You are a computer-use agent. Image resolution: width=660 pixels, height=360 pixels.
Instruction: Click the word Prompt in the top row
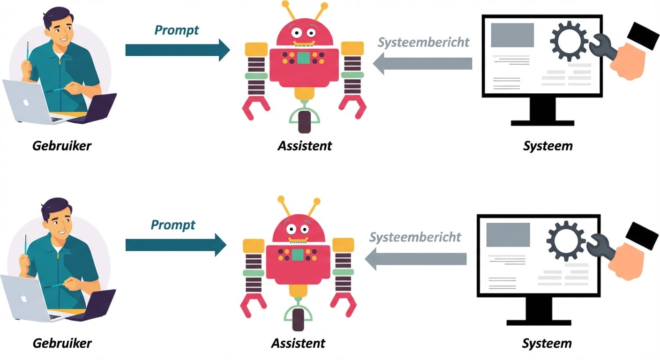177,30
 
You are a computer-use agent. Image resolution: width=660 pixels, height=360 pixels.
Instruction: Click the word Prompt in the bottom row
173,225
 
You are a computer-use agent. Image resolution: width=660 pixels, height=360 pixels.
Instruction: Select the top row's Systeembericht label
423,42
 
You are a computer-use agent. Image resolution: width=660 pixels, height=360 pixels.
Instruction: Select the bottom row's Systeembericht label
415,237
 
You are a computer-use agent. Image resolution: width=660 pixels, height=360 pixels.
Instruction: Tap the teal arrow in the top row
177,50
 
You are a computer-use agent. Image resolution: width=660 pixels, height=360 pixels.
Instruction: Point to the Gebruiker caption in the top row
62,145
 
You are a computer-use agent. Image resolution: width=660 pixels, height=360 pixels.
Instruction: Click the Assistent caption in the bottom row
298,343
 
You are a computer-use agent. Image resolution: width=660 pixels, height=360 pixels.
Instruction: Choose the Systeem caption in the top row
547,145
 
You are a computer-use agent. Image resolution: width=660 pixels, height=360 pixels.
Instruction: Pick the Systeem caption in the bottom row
547,343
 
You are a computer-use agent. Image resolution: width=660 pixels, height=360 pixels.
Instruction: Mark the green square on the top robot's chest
303,58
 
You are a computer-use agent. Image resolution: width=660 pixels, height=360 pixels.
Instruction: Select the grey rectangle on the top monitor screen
512,35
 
